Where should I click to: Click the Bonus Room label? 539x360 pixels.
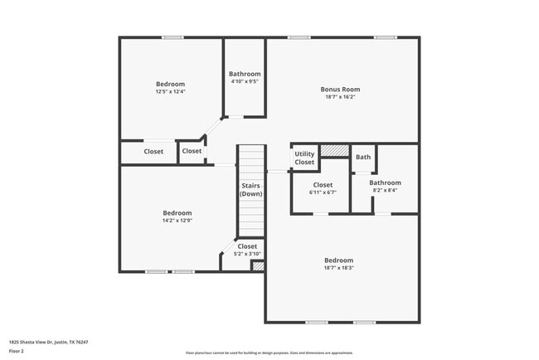[340, 89]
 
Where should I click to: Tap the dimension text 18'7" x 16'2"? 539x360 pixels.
[340, 96]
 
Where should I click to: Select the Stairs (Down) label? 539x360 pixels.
[251, 189]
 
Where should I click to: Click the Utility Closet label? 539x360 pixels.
[304, 158]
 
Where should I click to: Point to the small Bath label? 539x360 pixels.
[363, 157]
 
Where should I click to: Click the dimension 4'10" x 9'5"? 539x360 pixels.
[244, 81]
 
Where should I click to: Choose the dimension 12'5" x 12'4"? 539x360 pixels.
[170, 91]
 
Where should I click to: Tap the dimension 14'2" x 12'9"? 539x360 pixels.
[177, 221]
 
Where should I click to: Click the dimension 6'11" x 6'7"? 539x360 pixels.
[323, 192]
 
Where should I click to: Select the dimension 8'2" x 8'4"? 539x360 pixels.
[385, 190]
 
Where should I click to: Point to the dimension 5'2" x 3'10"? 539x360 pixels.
[247, 254]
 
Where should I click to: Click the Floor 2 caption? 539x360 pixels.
[17, 351]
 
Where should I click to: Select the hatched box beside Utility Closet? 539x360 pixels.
[333, 150]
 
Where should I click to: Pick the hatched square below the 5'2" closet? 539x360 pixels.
[258, 266]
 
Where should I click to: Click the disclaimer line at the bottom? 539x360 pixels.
[269, 353]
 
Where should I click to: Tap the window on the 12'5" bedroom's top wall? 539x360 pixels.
[172, 37]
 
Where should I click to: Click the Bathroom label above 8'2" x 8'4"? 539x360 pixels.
[385, 182]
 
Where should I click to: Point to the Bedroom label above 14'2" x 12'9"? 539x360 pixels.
[177, 213]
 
